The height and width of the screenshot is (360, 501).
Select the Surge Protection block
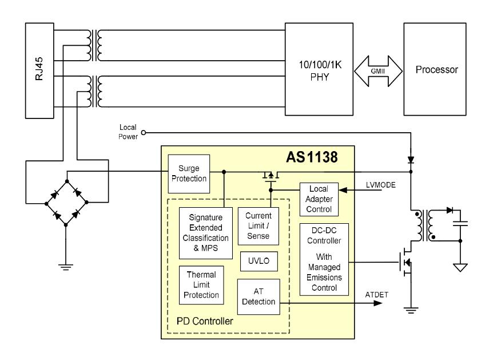click(188, 174)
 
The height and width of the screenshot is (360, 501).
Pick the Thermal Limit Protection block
click(201, 284)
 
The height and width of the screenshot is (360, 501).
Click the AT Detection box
click(259, 296)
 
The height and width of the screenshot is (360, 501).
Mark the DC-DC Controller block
click(324, 259)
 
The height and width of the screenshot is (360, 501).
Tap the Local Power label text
click(128, 133)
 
